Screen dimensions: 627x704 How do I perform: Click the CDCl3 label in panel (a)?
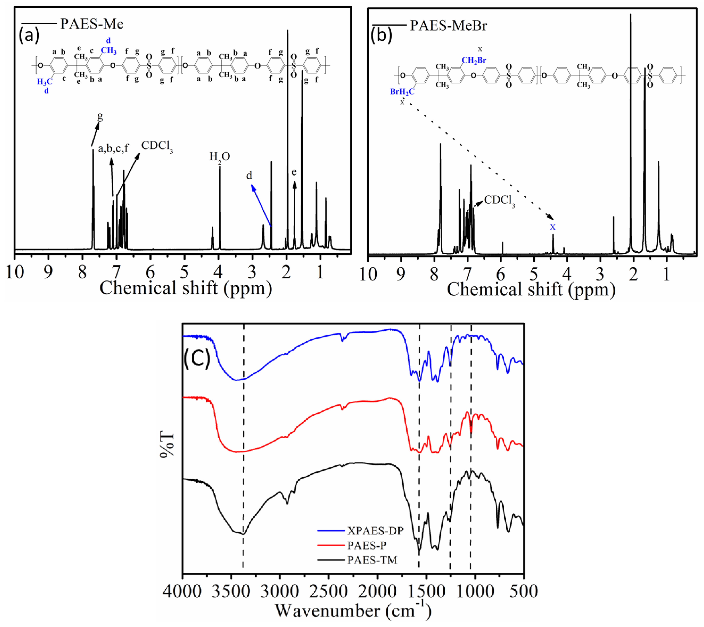pos(157,146)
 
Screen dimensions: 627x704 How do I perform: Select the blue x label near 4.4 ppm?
pos(552,227)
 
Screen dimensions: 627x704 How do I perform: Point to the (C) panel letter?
pos(197,359)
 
